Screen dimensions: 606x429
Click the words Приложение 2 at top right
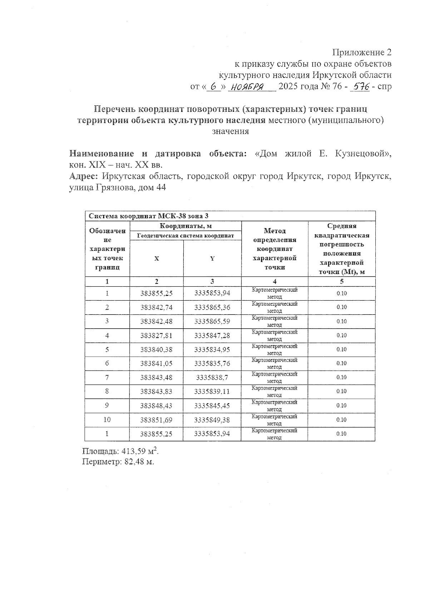[362, 52]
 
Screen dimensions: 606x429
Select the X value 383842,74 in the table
[156, 307]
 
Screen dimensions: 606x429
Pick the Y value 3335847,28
[212, 336]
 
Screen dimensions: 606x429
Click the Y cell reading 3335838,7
[212, 377]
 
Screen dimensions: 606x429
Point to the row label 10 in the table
[107, 420]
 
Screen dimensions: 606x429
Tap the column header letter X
[157, 258]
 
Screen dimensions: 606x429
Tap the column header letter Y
[212, 258]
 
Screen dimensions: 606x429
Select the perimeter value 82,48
[134, 462]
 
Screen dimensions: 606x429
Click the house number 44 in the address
[161, 187]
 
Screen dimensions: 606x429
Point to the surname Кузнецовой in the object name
[361, 154]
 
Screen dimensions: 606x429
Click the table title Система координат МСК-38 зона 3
[148, 216]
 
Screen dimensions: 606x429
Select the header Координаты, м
[186, 226]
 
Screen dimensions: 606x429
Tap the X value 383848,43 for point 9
[156, 406]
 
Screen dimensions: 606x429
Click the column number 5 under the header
[341, 281]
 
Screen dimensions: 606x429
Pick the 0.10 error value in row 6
[341, 364]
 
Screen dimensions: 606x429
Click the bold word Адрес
[84, 176]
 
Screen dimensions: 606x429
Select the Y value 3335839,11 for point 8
[212, 391]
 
